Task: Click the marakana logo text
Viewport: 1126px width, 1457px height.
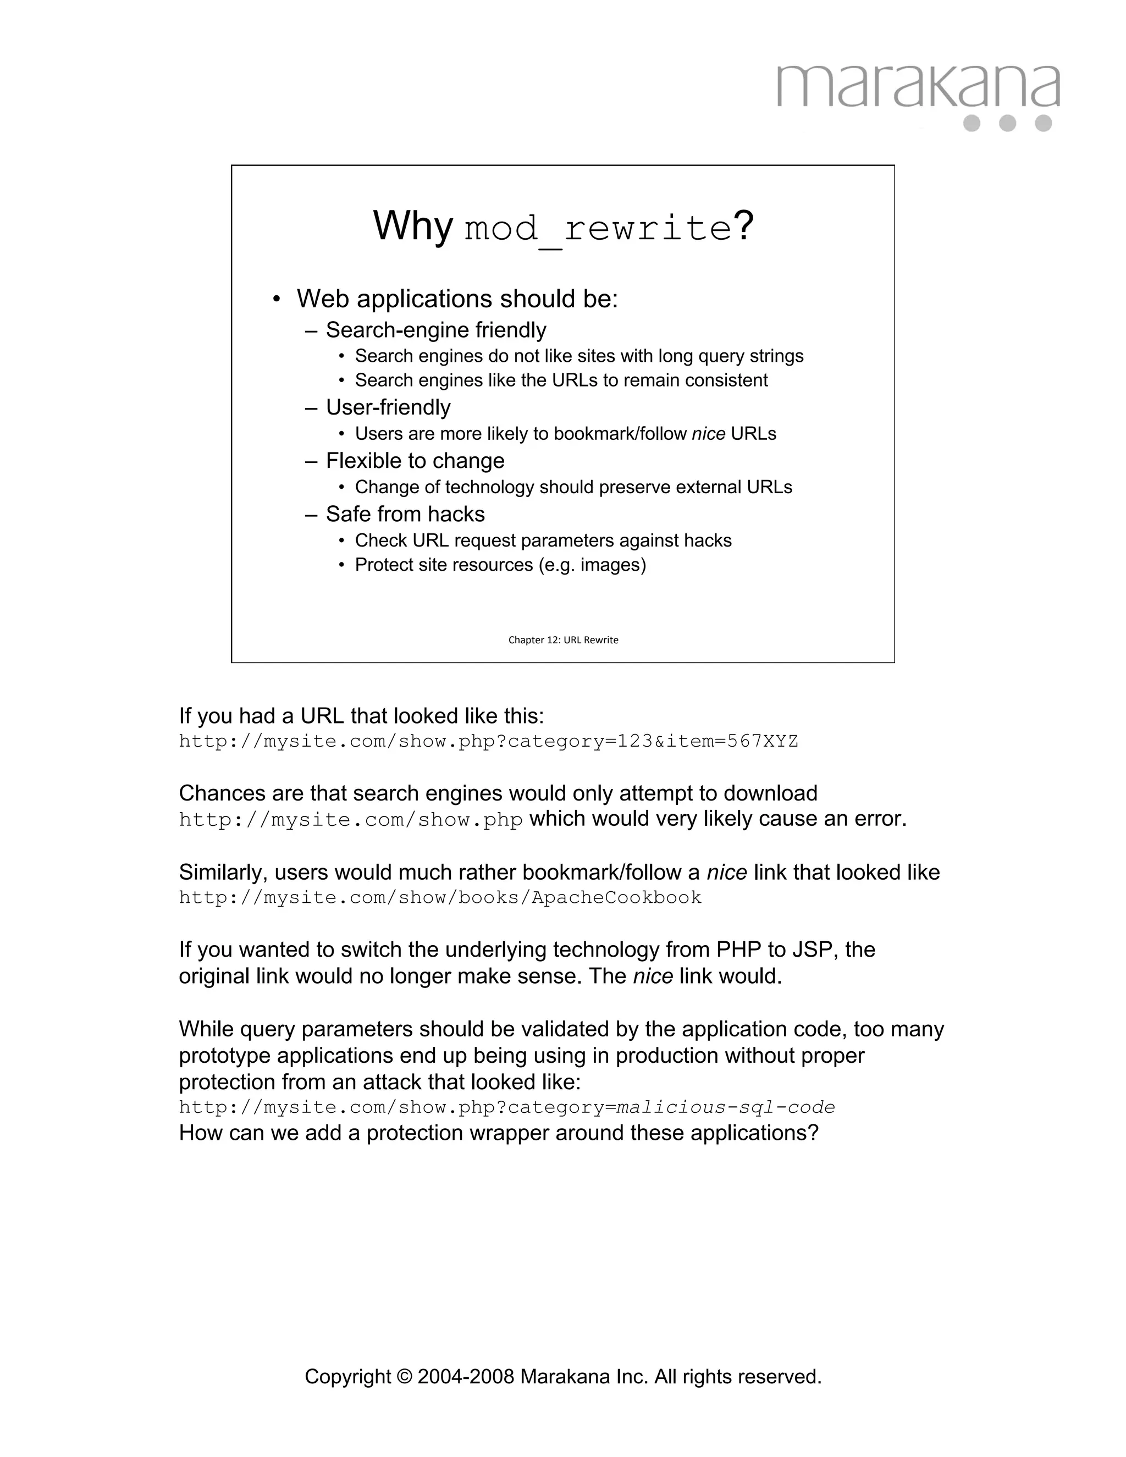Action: tap(918, 87)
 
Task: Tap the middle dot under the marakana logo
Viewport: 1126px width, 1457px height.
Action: tap(1007, 123)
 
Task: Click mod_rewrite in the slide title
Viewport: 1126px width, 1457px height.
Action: tap(598, 229)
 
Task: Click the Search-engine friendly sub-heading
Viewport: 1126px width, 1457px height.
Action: tap(435, 330)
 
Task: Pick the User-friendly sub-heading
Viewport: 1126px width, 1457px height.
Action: tap(388, 407)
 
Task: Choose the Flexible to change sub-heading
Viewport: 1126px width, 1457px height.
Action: tap(415, 461)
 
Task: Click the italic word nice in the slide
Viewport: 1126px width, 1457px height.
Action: tap(708, 434)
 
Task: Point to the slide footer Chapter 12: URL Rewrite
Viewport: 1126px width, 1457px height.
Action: tap(563, 640)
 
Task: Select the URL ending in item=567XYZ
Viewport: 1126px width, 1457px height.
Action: tap(488, 741)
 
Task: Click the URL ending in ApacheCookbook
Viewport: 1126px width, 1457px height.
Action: tap(440, 897)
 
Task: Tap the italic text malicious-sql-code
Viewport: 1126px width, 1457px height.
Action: tap(726, 1107)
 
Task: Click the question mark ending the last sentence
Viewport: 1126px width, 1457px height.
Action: tap(813, 1133)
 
